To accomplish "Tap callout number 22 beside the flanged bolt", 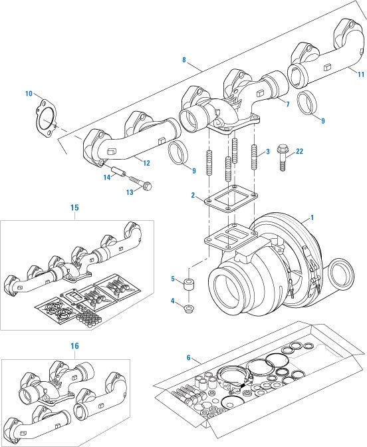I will point(299,152).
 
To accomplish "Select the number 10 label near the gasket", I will point(29,93).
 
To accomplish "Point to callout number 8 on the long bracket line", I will point(184,60).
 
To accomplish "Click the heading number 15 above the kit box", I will point(74,208).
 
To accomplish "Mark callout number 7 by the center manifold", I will point(287,104).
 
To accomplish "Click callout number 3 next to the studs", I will point(266,152).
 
